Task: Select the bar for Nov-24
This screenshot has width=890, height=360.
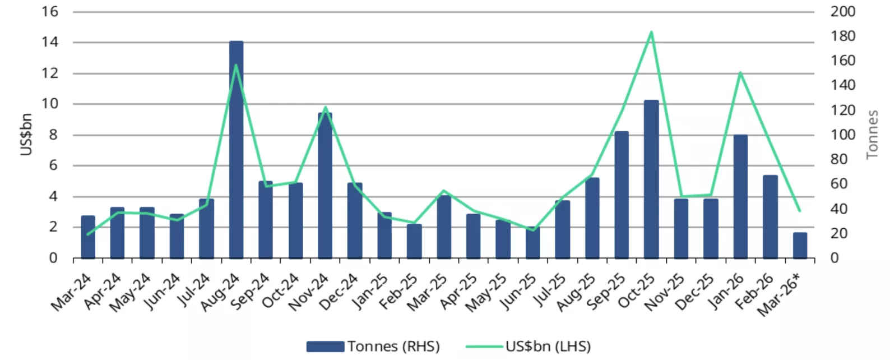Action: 325,185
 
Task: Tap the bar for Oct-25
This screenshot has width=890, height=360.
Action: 651,179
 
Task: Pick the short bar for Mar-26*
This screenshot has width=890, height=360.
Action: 800,246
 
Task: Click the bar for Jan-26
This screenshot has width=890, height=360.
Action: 740,196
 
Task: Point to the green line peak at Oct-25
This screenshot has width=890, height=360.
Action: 651,33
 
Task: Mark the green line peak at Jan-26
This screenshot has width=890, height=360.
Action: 740,73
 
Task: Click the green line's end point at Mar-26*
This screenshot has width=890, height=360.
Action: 800,211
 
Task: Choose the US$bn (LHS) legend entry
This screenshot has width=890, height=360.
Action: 529,347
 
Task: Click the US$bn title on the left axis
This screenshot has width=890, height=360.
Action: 26,135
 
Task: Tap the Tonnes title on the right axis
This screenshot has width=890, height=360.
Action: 872,135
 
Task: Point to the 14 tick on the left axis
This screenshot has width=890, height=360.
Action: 50,42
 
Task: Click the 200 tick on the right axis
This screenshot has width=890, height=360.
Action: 842,11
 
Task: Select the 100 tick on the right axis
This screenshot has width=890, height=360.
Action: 842,135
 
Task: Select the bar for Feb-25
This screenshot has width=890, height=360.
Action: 414,241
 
